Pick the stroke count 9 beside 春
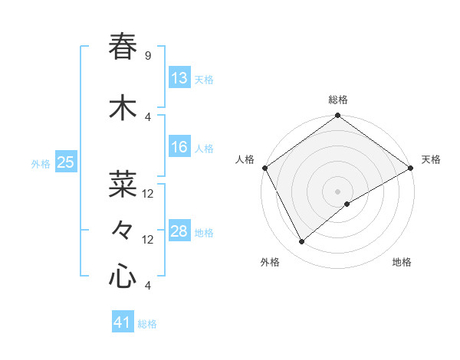(x=147, y=56)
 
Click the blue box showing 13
(x=179, y=78)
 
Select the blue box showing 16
(x=179, y=147)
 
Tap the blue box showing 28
(x=179, y=231)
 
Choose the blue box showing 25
(x=66, y=162)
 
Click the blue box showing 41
(x=123, y=322)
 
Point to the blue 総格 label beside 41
(x=147, y=324)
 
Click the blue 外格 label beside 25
(x=41, y=163)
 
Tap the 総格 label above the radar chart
(x=338, y=100)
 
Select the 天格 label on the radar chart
(x=431, y=159)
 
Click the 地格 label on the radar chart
(x=402, y=263)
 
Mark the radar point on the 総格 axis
(x=338, y=116)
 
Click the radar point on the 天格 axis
(x=411, y=168)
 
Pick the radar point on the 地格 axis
(x=348, y=204)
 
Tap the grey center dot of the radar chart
(x=338, y=191)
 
